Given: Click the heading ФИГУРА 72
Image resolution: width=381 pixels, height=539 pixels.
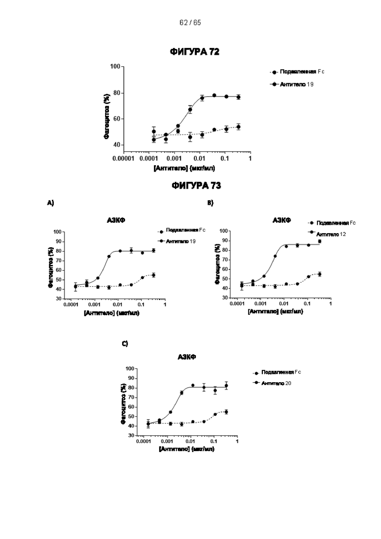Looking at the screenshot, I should click(194, 52).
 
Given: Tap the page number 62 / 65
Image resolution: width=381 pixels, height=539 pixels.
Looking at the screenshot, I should click(190, 23).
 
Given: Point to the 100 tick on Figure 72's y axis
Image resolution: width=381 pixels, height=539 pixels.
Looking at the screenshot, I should click(115, 66).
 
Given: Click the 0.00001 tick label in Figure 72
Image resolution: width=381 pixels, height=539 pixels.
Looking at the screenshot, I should click(123, 159).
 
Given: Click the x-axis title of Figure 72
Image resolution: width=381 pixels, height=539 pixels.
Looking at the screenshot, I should click(184, 168).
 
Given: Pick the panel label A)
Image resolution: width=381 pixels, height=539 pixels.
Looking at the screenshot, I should click(50, 202).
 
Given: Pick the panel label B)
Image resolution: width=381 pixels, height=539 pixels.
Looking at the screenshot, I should click(211, 202).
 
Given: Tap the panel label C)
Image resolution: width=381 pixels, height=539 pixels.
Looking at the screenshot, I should click(125, 344).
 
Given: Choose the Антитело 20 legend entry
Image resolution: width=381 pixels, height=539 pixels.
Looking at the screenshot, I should click(276, 383).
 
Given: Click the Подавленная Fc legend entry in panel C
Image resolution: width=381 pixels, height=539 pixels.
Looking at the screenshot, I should click(280, 372).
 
